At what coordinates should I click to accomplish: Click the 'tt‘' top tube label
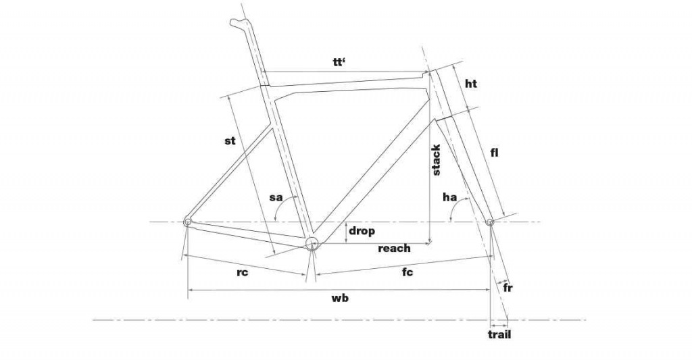[x=339, y=62]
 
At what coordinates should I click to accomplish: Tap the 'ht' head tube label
[x=471, y=83]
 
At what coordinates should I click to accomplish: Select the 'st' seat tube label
[x=230, y=140]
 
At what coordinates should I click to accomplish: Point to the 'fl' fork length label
[x=494, y=153]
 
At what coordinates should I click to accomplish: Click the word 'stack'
[x=436, y=159]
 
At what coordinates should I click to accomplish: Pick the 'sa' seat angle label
[x=276, y=197]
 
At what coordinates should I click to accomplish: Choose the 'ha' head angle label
[x=449, y=197]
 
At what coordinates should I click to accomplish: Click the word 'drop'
[x=362, y=231]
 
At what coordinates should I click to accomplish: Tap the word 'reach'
[x=394, y=249]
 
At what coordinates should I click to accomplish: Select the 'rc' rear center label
[x=243, y=272]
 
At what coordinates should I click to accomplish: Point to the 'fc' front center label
[x=407, y=272]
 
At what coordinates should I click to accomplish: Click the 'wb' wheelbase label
[x=341, y=298]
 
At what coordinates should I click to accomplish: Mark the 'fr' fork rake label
[x=508, y=288]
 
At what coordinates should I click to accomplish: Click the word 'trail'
[x=499, y=334]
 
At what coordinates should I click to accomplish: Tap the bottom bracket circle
[x=311, y=243]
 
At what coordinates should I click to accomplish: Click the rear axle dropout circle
[x=188, y=221]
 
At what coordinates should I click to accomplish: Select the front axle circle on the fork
[x=490, y=222]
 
